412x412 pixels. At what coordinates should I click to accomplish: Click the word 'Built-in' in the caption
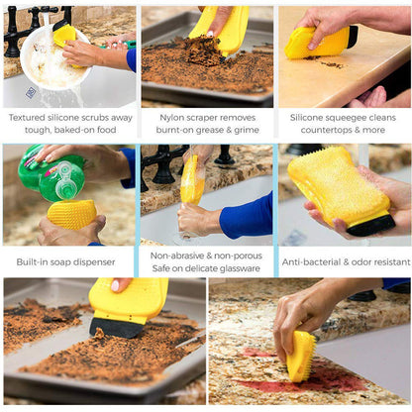[36, 262]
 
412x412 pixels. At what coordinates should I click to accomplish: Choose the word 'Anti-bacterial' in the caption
[311, 262]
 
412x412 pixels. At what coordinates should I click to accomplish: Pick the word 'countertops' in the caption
[319, 129]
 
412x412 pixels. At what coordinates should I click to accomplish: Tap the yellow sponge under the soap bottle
[72, 213]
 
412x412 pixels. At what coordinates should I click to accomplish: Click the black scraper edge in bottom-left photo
[118, 327]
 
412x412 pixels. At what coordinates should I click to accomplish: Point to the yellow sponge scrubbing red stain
[301, 355]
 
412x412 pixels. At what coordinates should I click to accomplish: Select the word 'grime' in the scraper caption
[248, 129]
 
